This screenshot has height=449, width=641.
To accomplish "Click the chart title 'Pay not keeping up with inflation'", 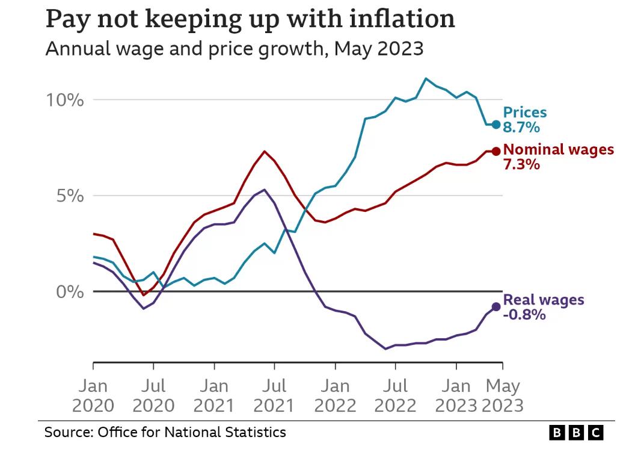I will [250, 20].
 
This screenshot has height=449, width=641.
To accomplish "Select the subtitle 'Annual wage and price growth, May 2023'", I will [234, 48].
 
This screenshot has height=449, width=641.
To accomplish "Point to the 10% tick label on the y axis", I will [65, 100].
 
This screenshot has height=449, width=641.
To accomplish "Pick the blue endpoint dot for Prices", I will [495, 125].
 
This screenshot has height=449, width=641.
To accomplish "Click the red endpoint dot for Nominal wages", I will [495, 151].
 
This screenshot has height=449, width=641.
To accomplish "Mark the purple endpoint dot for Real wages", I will [495, 307].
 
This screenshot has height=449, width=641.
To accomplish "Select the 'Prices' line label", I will [525, 113].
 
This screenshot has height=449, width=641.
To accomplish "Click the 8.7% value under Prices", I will [521, 128].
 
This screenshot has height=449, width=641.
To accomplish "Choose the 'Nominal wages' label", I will [559, 150].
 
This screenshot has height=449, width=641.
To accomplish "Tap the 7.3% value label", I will [521, 164].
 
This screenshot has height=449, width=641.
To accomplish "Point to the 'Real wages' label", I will [543, 300].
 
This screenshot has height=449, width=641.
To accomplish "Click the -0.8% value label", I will [524, 315].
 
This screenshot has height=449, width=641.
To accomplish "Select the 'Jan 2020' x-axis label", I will [93, 395].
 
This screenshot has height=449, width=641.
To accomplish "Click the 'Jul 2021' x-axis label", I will [274, 395].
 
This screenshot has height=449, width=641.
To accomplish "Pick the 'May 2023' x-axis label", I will [503, 395].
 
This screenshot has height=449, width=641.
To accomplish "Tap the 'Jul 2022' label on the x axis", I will [395, 395].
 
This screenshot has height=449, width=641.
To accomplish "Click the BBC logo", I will [575, 432].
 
